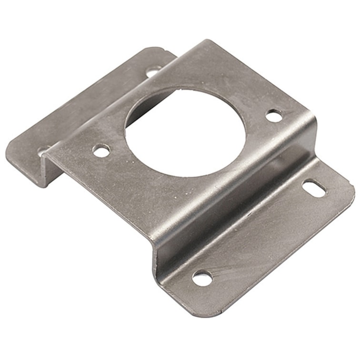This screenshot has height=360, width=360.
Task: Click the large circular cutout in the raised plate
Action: [186, 131]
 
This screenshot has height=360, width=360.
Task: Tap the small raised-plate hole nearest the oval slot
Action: [273, 115]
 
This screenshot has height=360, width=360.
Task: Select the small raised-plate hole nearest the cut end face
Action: [101, 151]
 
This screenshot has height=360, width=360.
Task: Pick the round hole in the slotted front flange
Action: [202, 278]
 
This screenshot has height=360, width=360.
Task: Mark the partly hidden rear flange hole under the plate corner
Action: [43, 151]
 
